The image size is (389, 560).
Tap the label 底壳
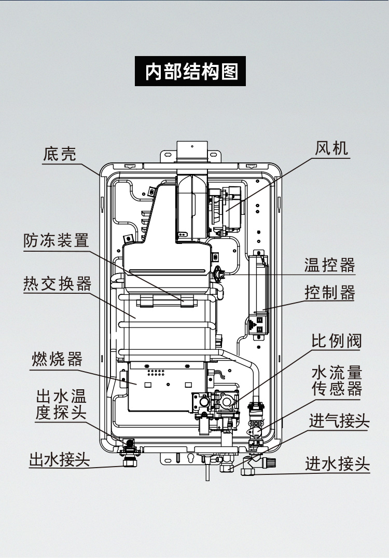tap(59, 154)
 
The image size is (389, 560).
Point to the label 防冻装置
tap(56, 240)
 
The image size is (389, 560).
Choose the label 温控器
tap(329, 265)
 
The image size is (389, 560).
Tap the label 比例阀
tap(336, 341)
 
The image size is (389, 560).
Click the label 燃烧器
tap(57, 359)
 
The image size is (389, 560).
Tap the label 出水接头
tap(59, 459)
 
